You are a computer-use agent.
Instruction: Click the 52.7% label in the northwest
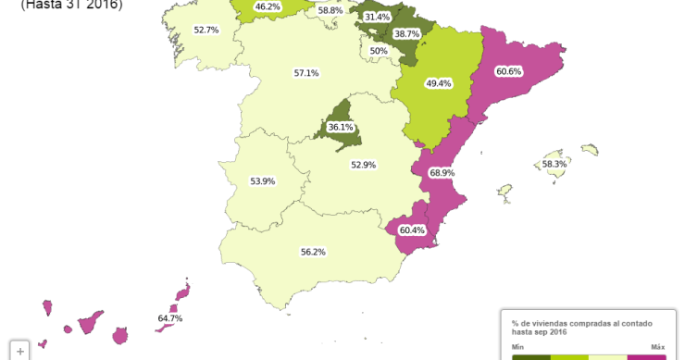pos(206,30)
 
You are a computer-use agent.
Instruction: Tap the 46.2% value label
pos(268,6)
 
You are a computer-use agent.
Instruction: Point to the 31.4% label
pos(377,17)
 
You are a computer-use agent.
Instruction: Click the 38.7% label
pos(406,33)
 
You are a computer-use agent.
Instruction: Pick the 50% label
pos(379,51)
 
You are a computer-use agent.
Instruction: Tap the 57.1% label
pos(306,73)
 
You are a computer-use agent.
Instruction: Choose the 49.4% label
pos(439,83)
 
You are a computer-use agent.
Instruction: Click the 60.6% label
pos(509,71)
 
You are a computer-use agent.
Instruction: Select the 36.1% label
pos(341,127)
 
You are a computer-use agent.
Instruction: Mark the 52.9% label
pos(363,165)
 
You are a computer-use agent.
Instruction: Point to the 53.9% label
pos(263,181)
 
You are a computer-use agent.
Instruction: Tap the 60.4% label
pos(412,230)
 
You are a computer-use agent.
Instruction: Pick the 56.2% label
pos(313,252)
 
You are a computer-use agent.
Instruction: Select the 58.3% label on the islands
pos(554,164)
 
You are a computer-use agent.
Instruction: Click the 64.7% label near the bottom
pos(170,318)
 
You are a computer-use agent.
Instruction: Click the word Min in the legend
pos(517,347)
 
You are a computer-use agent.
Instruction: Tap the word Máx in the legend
pos(658,347)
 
